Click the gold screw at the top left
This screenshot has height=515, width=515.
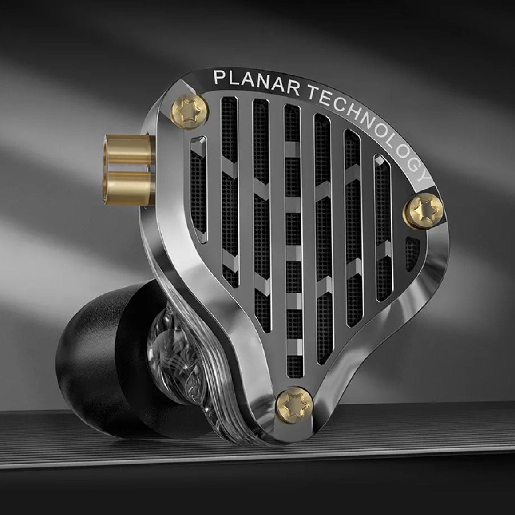point(190,111)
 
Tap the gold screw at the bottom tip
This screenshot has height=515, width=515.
point(294,404)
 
